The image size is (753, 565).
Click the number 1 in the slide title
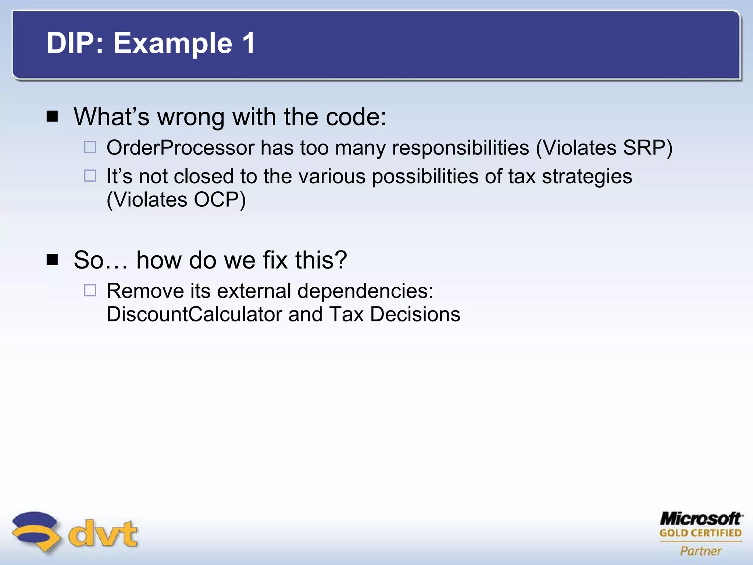coord(248,43)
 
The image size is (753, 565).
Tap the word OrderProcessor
coord(181,148)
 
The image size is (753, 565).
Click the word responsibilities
coord(460,148)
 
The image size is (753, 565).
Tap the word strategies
coord(587,177)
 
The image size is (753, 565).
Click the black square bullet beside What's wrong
coord(53,117)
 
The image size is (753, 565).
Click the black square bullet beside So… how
coord(53,260)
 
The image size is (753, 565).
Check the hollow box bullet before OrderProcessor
coord(90,147)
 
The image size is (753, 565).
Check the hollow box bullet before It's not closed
coord(90,176)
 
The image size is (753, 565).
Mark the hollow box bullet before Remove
coord(90,290)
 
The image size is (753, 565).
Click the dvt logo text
coord(103,533)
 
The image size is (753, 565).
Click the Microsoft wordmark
coord(701,519)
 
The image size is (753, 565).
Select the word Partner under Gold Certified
coord(701,551)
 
